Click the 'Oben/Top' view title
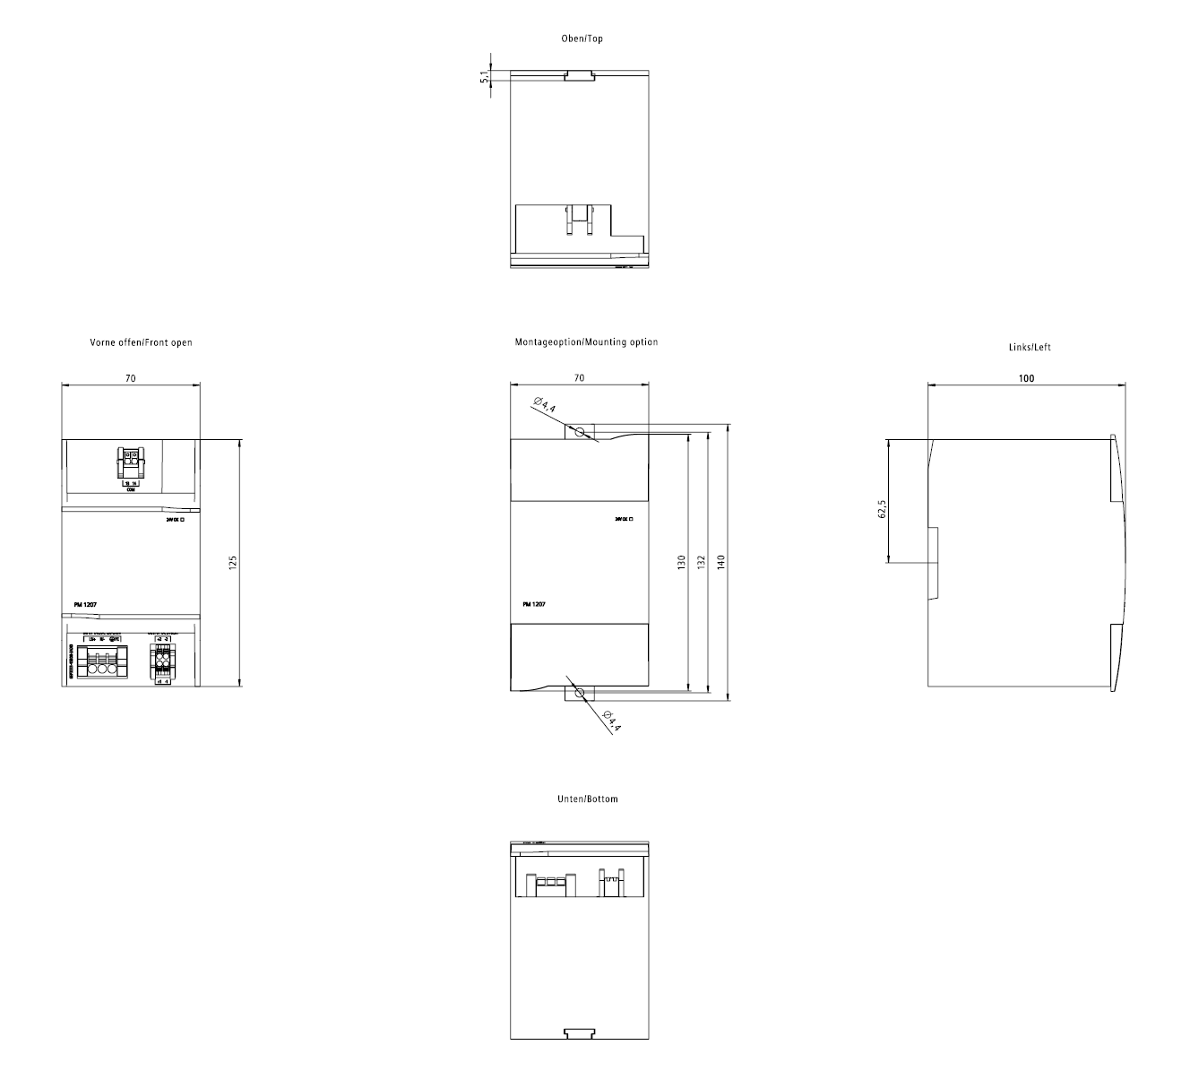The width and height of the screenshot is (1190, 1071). (x=582, y=39)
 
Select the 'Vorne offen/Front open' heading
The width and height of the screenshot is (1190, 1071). (x=141, y=342)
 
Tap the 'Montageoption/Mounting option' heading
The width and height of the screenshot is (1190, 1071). (x=586, y=342)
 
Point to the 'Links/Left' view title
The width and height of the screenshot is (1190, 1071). (x=1030, y=347)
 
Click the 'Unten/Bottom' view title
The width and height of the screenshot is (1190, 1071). (x=587, y=799)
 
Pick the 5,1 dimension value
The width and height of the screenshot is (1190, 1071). (x=485, y=77)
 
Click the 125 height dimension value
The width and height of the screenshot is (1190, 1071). (x=232, y=563)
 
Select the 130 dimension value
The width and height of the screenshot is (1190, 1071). (x=681, y=563)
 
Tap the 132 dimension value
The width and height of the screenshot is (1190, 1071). (x=701, y=563)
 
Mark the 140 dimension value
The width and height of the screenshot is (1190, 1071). (x=720, y=563)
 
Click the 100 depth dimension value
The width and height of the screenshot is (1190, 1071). (x=1026, y=378)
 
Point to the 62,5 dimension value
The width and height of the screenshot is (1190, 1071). (x=882, y=509)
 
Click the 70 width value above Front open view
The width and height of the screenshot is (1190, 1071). (x=130, y=379)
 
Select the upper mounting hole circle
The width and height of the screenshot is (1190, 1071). (x=580, y=432)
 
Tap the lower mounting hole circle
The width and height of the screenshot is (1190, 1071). (x=580, y=693)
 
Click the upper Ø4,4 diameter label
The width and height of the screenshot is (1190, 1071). (x=544, y=404)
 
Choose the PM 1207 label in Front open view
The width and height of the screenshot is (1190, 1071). (x=85, y=605)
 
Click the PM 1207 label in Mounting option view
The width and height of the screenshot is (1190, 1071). (x=534, y=605)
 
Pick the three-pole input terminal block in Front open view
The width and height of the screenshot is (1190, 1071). (x=99, y=664)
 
